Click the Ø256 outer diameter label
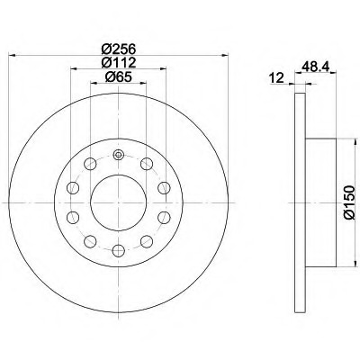click(x=118, y=49)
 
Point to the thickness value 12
click(x=277, y=79)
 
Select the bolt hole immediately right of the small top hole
click(x=145, y=164)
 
